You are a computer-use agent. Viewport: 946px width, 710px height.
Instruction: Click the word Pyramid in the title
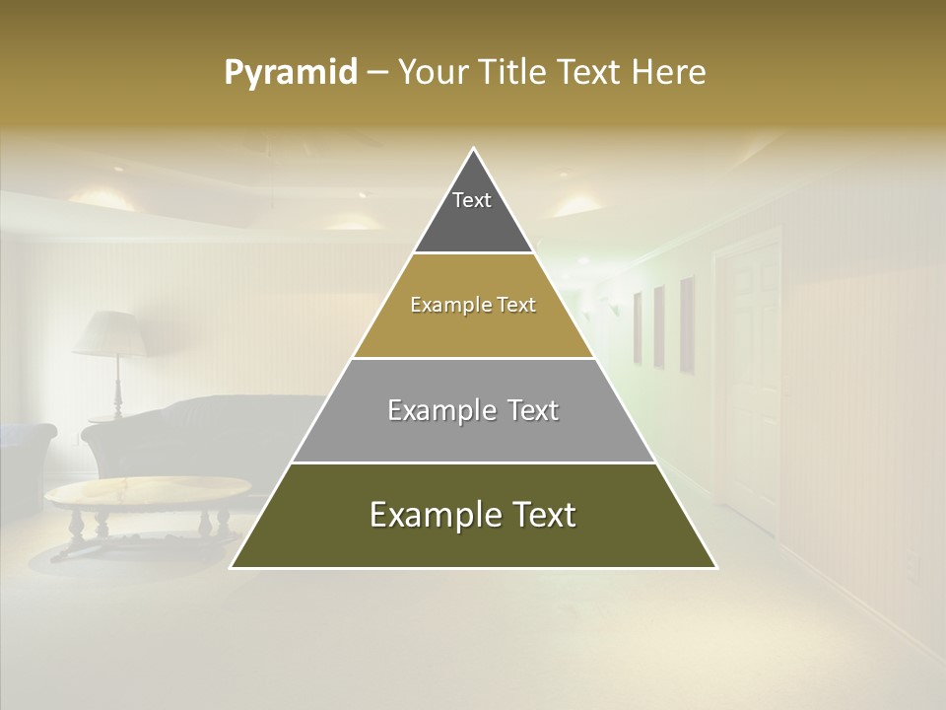[291, 73]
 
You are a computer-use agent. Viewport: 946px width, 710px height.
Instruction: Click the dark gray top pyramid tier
[473, 212]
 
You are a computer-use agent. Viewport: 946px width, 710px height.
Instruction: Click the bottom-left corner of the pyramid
[233, 567]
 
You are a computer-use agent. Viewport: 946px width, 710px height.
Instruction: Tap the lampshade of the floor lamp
[110, 333]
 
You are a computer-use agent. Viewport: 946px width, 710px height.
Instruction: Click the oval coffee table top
[148, 490]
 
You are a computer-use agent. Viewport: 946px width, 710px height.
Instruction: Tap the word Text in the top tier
[472, 200]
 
